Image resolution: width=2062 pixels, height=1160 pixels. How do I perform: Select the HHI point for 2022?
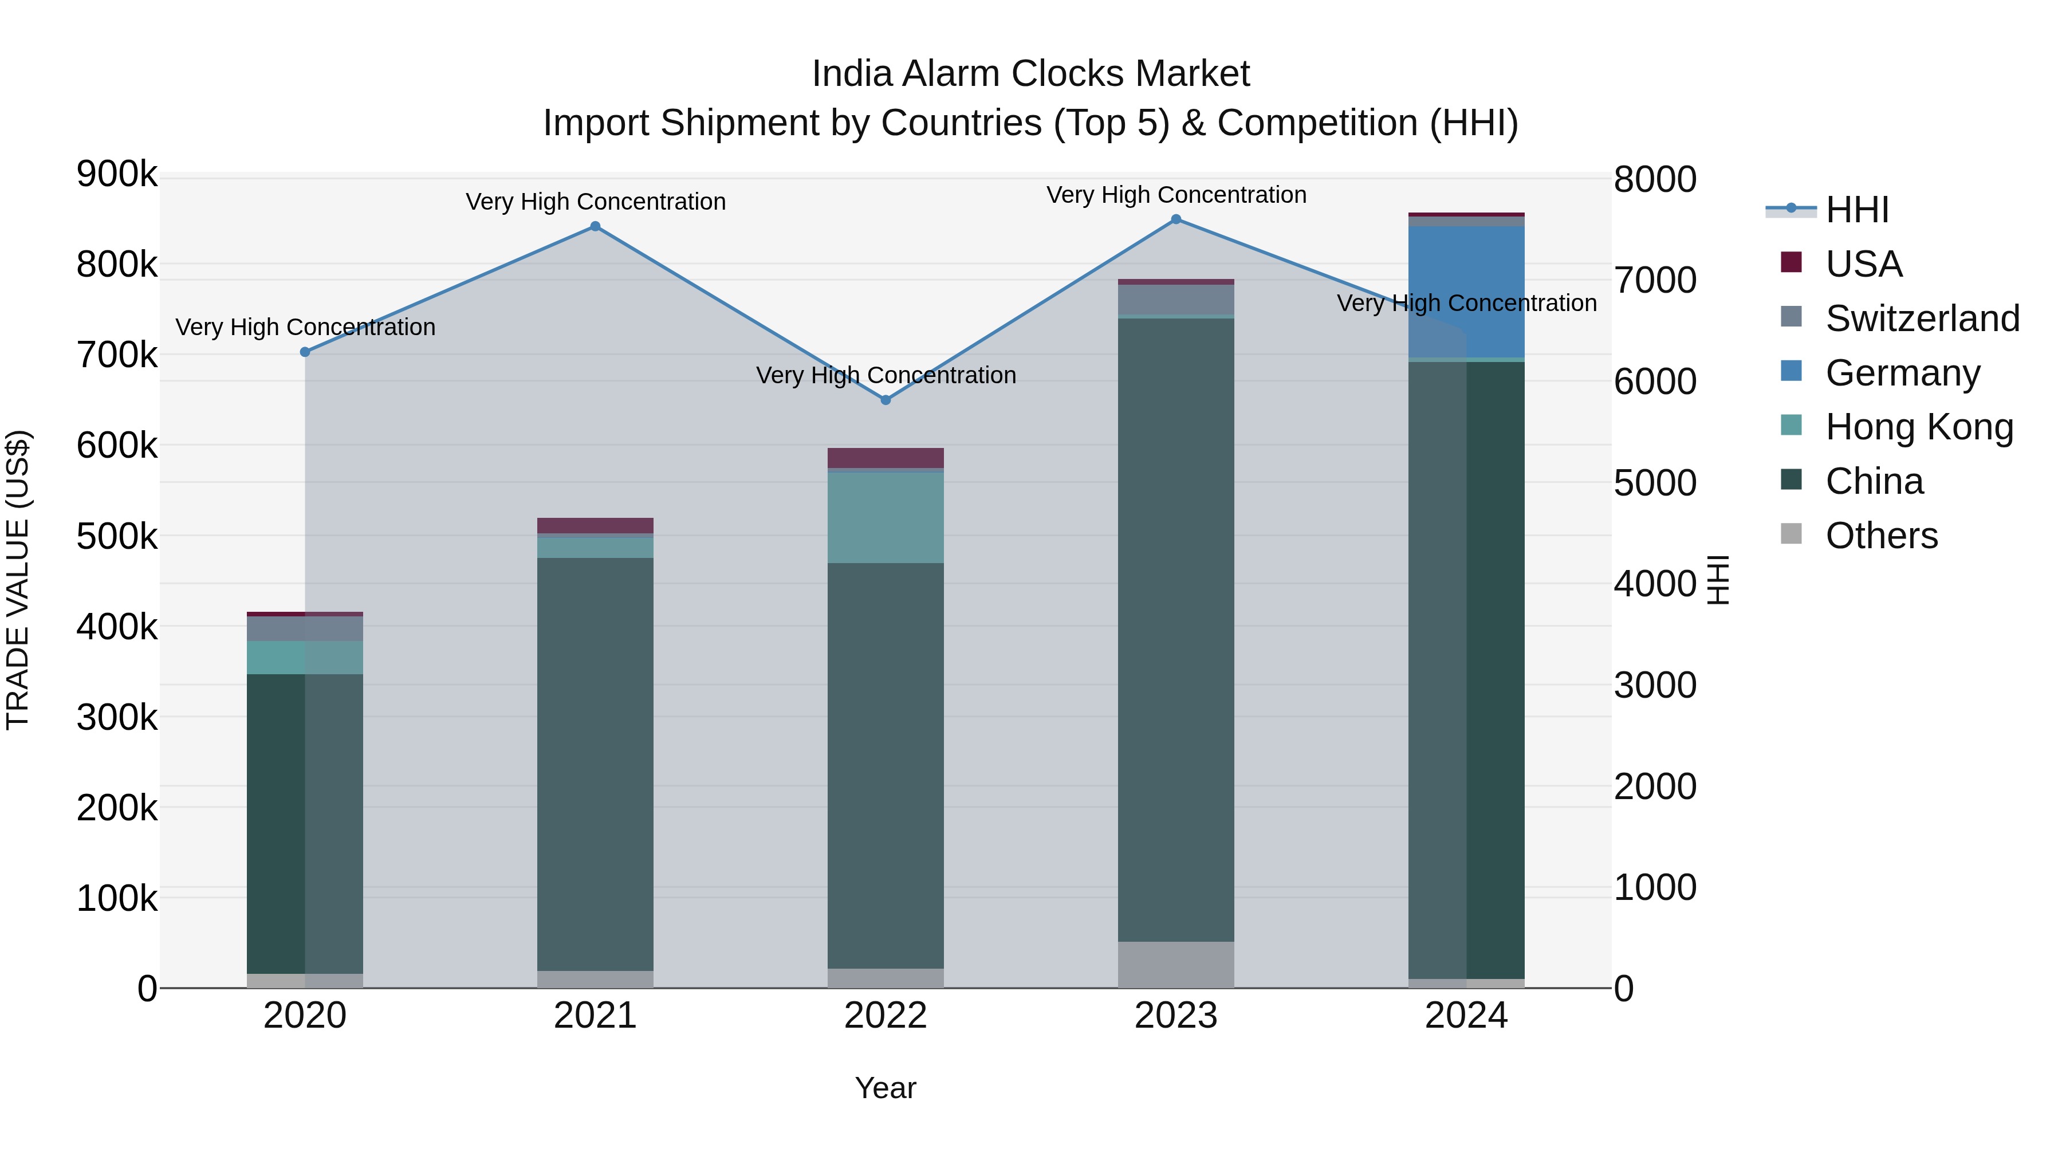tap(886, 399)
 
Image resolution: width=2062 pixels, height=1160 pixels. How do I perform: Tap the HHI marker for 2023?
tap(1176, 219)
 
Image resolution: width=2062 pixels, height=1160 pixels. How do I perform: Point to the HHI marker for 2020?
tap(305, 352)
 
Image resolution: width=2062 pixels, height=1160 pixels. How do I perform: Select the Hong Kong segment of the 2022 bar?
tap(886, 517)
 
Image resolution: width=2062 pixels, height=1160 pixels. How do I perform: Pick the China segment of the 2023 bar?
tap(1176, 629)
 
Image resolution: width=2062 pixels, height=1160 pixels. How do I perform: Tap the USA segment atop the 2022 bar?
tap(886, 458)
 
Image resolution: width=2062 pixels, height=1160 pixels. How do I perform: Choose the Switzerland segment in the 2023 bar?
tap(1176, 300)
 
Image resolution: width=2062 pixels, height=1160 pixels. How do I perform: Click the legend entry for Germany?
tap(1903, 373)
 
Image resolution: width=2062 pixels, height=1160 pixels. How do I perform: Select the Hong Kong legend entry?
tap(1919, 427)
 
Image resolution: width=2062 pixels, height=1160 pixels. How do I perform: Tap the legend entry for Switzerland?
tap(1922, 318)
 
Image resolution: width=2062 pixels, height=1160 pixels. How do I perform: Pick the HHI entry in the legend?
tap(1856, 210)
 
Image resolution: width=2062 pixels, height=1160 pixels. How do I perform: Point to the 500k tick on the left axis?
tap(117, 536)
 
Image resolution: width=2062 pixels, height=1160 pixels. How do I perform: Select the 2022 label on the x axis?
tap(886, 1016)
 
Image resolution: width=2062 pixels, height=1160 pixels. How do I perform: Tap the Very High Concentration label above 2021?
tap(596, 202)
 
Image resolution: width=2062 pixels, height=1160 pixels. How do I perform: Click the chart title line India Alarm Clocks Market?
tap(1030, 74)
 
